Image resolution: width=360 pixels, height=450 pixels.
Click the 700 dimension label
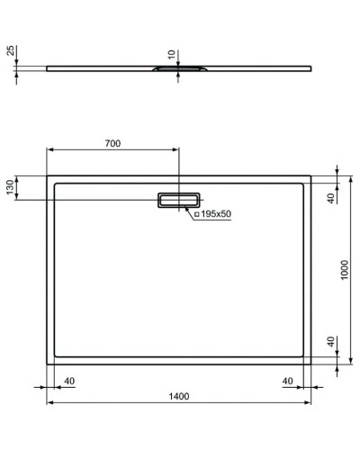112,144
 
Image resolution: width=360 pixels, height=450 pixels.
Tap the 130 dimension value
11,187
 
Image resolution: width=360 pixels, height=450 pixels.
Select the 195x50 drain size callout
215,214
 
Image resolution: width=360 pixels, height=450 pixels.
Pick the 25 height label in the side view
11,51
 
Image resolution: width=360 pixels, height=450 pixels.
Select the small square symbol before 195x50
195,214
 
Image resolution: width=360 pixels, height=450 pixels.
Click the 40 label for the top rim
330,197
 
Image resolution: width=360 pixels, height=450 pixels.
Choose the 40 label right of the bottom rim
330,343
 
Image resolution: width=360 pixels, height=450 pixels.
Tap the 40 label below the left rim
69,381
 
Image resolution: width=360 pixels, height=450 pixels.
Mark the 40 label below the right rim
288,381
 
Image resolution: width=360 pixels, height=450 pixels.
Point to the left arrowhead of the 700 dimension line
50,151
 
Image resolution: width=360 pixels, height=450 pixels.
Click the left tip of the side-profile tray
48,67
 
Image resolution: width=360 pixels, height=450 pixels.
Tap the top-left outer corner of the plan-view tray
47,175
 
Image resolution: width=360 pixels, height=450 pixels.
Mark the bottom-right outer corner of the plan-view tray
311,364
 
